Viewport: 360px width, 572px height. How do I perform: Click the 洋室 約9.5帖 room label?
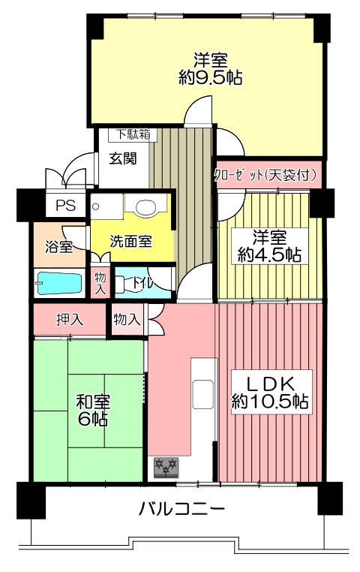coord(210,68)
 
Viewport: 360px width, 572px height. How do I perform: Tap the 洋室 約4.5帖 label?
coord(269,246)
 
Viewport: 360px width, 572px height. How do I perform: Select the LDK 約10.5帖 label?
coord(271,392)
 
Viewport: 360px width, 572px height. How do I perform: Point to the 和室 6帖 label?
coord(92,410)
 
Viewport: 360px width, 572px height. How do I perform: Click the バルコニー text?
coord(181,508)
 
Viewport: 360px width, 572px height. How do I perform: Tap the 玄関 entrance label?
coord(123,159)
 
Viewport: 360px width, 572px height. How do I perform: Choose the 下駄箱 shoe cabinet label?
coord(133,134)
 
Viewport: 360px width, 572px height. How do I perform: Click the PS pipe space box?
coord(65,206)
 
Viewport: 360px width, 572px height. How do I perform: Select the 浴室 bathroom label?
coord(59,247)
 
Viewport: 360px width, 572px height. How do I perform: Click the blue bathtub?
coord(59,284)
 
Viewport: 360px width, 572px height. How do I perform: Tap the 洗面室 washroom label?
coord(130,241)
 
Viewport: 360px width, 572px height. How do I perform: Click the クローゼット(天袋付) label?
coord(266,175)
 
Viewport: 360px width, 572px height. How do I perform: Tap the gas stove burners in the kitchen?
coord(166,468)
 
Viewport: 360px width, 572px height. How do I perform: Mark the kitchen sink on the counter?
coord(203,394)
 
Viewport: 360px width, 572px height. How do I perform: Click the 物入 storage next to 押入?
coord(127,320)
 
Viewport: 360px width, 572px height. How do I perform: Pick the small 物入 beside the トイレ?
coord(100,284)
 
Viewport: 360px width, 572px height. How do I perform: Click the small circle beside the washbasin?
coord(96,207)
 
